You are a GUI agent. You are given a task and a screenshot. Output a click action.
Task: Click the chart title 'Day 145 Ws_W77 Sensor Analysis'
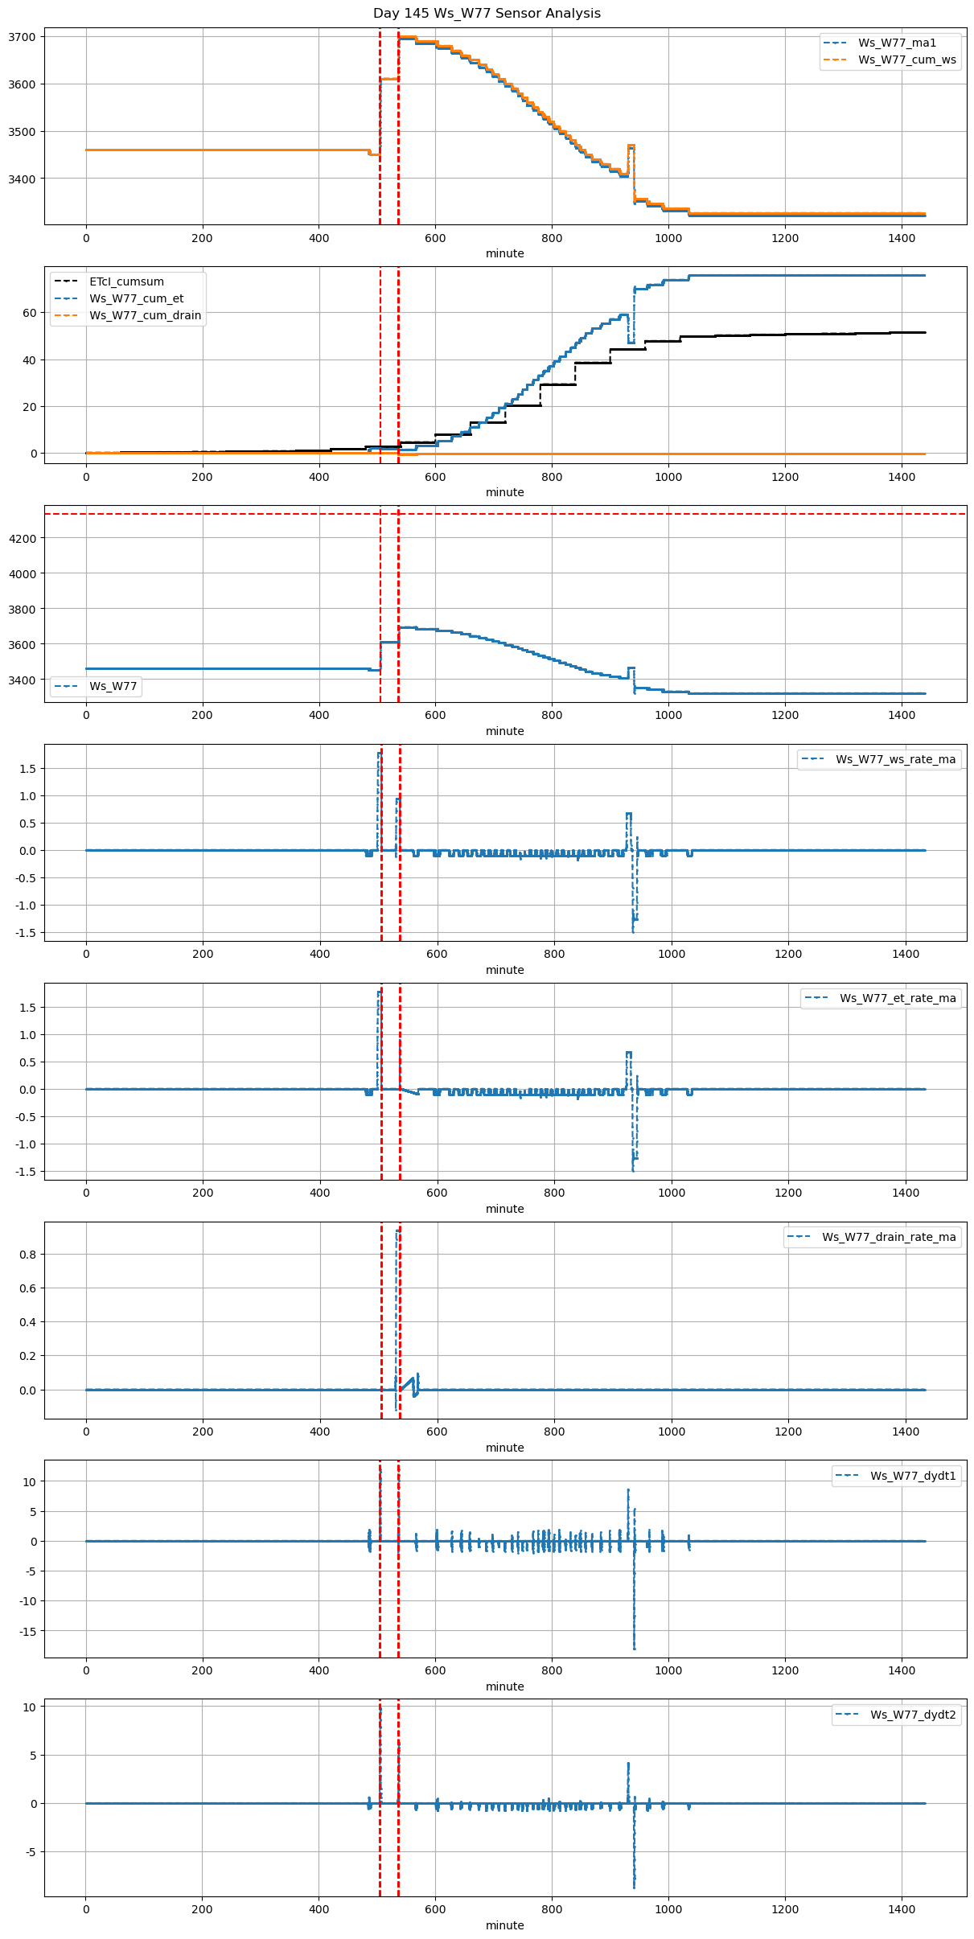pos(487,14)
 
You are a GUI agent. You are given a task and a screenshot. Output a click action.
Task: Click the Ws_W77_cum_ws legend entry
pos(906,60)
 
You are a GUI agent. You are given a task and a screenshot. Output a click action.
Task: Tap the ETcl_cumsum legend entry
pos(126,281)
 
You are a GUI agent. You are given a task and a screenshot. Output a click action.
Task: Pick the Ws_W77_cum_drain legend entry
pos(145,315)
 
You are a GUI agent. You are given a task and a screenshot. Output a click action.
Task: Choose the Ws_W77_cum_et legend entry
pos(136,298)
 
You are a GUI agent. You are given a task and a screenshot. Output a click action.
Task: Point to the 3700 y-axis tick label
pos(22,37)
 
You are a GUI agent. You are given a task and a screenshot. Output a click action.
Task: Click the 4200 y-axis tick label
pos(22,538)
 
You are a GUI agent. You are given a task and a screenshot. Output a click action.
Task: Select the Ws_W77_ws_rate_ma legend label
pos(895,759)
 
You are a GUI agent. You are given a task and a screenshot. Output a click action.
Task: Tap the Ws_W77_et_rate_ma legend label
pos(898,998)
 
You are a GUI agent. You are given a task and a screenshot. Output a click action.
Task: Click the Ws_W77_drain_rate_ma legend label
pos(889,1237)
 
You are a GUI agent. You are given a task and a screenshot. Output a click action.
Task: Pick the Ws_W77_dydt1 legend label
pos(913,1476)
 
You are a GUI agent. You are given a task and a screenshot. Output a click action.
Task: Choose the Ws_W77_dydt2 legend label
pos(913,1715)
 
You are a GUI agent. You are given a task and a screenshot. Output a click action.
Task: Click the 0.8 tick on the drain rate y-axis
pos(27,1255)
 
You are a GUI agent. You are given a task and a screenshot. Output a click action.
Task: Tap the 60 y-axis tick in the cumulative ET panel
pos(30,313)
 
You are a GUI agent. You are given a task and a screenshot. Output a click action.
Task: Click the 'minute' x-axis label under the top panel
pos(504,253)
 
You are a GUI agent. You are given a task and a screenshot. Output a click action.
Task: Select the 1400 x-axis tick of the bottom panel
pos(902,1908)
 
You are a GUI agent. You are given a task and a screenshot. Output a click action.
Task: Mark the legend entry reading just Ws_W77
pos(113,686)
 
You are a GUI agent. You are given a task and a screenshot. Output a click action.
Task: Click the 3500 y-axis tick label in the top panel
pos(22,132)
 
